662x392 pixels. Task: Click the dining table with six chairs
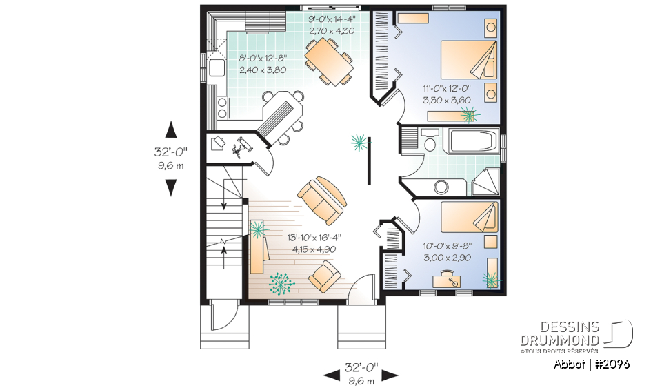coord(329,61)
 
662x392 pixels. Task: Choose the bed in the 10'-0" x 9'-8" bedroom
coord(469,216)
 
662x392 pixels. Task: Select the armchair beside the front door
coord(324,276)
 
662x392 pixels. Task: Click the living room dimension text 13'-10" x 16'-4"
coord(314,237)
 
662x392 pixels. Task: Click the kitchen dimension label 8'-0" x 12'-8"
coord(263,59)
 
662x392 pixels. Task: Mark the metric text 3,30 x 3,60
coord(447,99)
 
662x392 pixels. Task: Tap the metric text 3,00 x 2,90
coord(446,256)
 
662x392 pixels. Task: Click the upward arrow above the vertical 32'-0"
coord(171,130)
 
